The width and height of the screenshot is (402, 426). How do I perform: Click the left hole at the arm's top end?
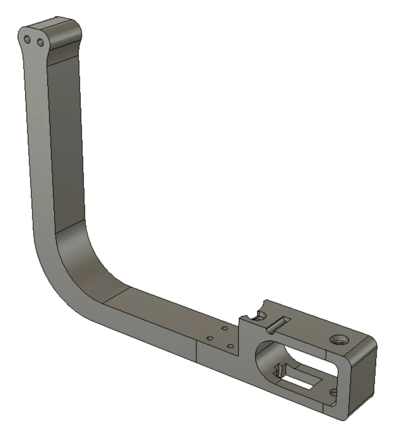pyautogui.click(x=27, y=39)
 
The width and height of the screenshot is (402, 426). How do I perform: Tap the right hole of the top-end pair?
pyautogui.click(x=40, y=42)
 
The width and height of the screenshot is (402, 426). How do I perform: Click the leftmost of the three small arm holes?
pyautogui.click(x=209, y=338)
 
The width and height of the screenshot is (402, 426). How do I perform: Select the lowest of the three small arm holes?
pyautogui.click(x=230, y=345)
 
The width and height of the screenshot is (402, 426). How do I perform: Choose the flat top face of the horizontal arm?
pyautogui.click(x=169, y=313)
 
